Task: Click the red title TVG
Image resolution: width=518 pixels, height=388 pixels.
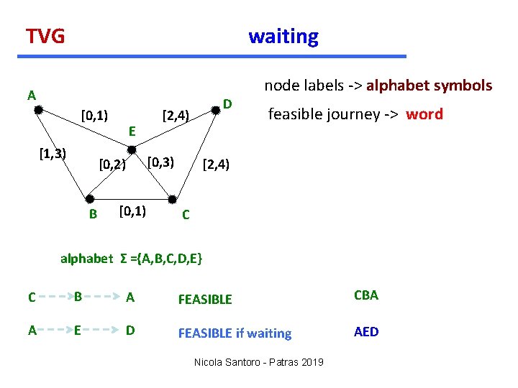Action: [45, 36]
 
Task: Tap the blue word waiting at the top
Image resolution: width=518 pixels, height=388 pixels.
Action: [283, 36]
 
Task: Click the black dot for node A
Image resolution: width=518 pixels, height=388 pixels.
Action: [39, 110]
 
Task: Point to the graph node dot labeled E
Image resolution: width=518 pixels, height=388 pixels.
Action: [132, 149]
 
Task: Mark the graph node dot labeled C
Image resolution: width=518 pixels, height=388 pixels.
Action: [173, 198]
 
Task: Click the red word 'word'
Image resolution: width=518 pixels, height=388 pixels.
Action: [424, 114]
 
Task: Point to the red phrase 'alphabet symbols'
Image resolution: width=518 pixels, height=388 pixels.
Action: [430, 86]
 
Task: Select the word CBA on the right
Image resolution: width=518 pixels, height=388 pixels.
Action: [365, 295]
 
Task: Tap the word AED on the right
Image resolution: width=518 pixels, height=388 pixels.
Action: [365, 331]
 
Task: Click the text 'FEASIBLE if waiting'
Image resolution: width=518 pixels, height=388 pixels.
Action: [235, 333]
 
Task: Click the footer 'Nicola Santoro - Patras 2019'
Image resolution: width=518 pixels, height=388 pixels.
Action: [259, 362]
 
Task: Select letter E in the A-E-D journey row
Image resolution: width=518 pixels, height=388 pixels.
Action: [78, 331]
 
